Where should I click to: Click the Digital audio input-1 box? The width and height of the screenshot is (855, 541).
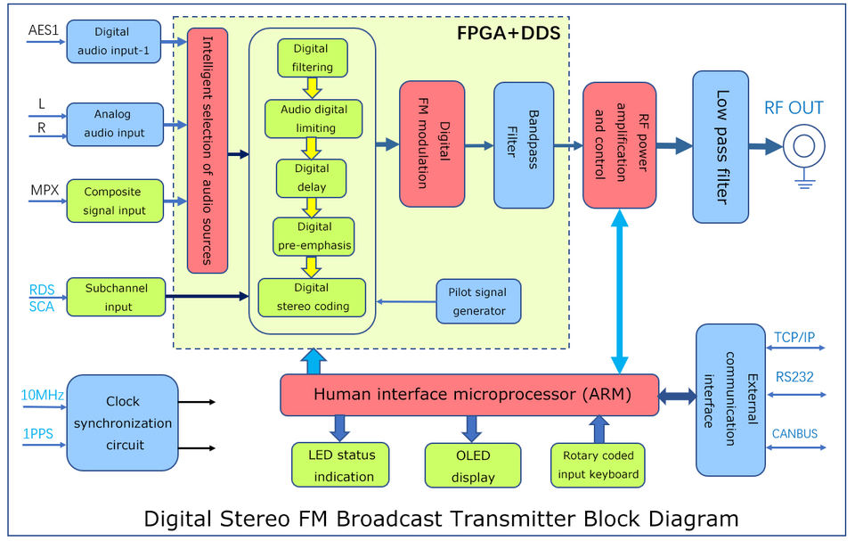(114, 41)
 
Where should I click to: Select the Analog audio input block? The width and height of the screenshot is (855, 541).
(115, 124)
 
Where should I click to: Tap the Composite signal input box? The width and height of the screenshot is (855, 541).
(115, 201)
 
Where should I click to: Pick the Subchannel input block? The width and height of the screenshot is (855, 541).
(116, 297)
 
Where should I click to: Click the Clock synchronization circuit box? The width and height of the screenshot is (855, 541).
(123, 422)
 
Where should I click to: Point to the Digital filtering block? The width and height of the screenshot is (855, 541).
(312, 57)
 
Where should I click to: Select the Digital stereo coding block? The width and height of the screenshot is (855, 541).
(312, 297)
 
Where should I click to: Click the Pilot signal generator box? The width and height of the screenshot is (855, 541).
(478, 301)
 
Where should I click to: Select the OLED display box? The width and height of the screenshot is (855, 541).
(472, 465)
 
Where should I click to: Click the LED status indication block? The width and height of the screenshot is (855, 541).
(341, 464)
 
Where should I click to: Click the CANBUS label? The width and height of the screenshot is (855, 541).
(795, 434)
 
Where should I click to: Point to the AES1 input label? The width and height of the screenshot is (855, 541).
(42, 29)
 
